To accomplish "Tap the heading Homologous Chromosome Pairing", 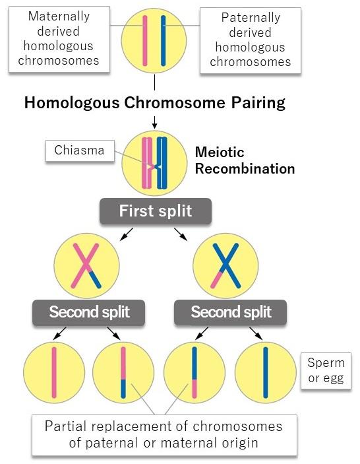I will tap(154, 102).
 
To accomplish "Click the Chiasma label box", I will tap(80, 151).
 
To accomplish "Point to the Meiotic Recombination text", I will tap(244, 160).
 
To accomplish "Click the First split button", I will tap(155, 211).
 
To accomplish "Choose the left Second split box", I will tap(89, 312).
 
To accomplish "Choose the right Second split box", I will tap(231, 312).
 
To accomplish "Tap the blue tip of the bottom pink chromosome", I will tap(123, 388).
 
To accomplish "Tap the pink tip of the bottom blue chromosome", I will tap(195, 388).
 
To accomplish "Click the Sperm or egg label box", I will tap(326, 371).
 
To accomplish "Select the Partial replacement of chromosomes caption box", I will tap(164, 434).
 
